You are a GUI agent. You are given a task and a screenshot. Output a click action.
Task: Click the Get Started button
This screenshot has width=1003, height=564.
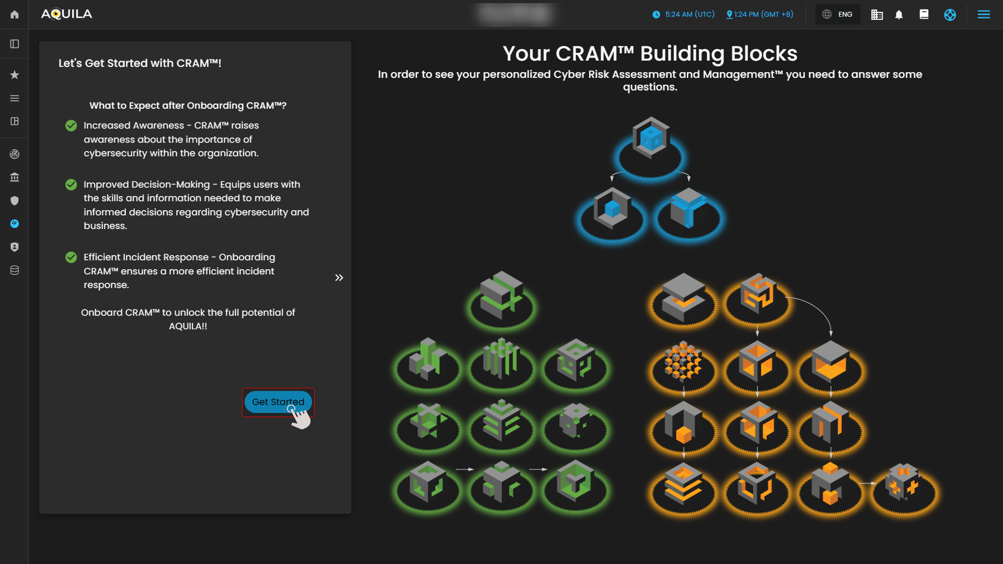pyautogui.click(x=278, y=402)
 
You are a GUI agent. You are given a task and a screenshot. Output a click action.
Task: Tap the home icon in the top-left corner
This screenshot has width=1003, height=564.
pyautogui.click(x=15, y=15)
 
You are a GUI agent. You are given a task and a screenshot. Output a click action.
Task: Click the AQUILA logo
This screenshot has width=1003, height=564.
pyautogui.click(x=66, y=14)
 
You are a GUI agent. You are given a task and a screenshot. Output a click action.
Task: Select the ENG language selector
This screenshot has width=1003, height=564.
pyautogui.click(x=838, y=15)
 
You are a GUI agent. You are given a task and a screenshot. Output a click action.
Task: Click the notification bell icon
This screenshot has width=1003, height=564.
pyautogui.click(x=899, y=15)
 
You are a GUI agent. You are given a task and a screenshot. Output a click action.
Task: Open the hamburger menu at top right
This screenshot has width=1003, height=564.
pyautogui.click(x=984, y=15)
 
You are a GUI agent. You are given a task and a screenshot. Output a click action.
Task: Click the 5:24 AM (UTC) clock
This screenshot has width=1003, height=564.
pyautogui.click(x=684, y=15)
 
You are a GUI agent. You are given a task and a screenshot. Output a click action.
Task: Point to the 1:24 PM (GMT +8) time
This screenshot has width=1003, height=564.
pyautogui.click(x=760, y=15)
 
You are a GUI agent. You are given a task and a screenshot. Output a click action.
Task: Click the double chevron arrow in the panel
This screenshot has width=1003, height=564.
pyautogui.click(x=339, y=278)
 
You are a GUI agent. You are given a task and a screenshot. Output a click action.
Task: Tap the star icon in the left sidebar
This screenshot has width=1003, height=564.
pyautogui.click(x=15, y=75)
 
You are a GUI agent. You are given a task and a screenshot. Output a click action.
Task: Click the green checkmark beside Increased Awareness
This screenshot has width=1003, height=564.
pyautogui.click(x=71, y=125)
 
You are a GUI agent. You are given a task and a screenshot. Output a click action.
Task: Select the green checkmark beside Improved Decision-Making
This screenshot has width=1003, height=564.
pyautogui.click(x=71, y=185)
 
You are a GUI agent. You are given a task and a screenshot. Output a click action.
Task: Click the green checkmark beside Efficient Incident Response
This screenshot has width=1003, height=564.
pyautogui.click(x=71, y=257)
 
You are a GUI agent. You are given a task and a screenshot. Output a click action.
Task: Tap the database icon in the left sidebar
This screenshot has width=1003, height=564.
pyautogui.click(x=15, y=270)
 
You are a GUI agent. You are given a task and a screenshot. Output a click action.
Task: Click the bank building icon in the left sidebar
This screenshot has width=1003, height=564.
pyautogui.click(x=15, y=177)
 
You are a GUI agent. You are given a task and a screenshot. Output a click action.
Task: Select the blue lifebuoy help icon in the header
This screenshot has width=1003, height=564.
pyautogui.click(x=950, y=15)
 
